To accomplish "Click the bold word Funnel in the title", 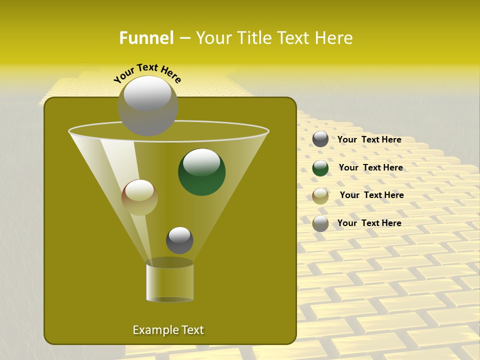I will [x=146, y=38].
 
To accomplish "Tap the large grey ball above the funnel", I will [x=147, y=105].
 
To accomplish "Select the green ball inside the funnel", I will [x=201, y=172].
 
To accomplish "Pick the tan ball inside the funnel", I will [x=139, y=197].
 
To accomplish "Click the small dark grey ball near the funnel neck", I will [x=179, y=240].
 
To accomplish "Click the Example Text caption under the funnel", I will [x=168, y=330].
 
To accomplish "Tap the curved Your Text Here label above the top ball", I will [x=147, y=72].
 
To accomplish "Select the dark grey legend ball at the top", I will [x=320, y=139].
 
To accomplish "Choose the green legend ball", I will [x=320, y=168].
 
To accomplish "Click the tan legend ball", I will [x=320, y=196].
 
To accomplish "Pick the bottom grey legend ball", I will [x=320, y=223].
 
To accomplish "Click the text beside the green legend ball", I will [x=370, y=167].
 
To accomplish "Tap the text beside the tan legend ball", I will [x=371, y=195].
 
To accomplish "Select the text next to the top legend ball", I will [x=369, y=139].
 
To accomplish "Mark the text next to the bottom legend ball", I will [x=369, y=223].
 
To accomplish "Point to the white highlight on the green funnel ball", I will [x=201, y=162].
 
